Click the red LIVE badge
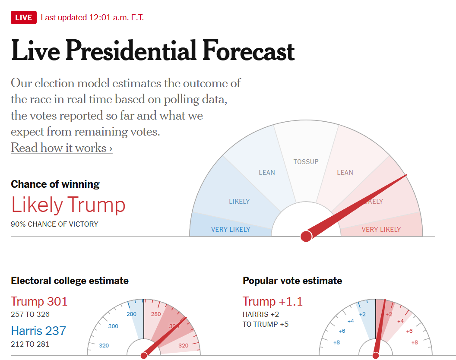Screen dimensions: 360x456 tap(23, 18)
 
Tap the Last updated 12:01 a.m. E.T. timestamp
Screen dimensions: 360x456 tap(92, 18)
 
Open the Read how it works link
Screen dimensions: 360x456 tap(61, 148)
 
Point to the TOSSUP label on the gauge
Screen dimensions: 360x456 tap(306, 162)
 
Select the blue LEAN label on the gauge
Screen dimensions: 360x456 tap(266, 173)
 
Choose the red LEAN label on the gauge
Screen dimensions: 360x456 tap(345, 173)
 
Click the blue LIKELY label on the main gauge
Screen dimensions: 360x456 tap(239, 202)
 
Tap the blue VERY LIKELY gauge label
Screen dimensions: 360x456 tap(231, 230)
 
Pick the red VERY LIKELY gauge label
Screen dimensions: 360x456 tap(381, 230)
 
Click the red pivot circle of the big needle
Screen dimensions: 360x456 tap(306, 236)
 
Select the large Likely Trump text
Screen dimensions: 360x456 tap(68, 205)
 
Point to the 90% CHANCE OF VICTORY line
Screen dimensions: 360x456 tap(54, 224)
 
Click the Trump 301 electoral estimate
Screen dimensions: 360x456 tap(39, 301)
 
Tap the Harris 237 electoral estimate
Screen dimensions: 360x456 tap(38, 331)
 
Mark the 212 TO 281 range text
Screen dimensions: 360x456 tap(30, 344)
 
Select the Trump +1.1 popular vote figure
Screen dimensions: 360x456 tap(272, 301)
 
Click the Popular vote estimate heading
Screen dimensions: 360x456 tap(292, 281)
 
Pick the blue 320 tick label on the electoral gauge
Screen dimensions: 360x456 tap(104, 346)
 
